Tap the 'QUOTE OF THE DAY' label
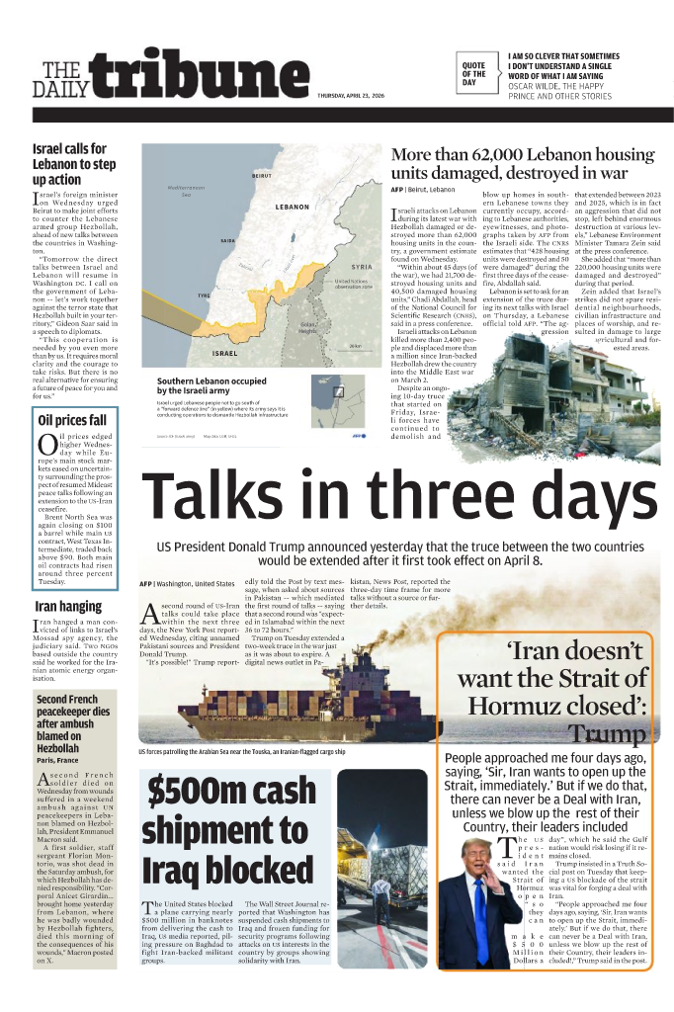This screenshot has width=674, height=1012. click(x=473, y=73)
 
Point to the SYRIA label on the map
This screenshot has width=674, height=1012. click(x=361, y=267)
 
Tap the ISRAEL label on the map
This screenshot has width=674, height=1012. click(x=225, y=353)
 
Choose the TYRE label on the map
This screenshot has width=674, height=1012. click(x=205, y=295)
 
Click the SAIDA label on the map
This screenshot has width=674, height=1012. click(x=227, y=240)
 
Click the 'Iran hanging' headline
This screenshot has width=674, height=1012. click(x=68, y=606)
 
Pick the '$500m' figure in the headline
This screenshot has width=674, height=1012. click(x=191, y=795)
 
